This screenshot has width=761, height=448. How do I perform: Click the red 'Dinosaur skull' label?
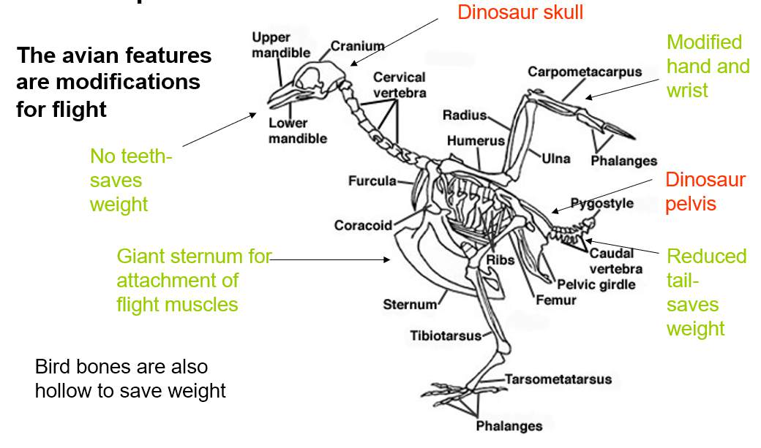520,12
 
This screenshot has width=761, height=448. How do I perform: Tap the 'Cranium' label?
357,46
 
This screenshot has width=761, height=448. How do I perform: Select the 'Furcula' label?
372,181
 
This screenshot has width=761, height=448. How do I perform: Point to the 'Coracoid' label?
363,225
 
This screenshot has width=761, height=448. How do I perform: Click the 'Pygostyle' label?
601,203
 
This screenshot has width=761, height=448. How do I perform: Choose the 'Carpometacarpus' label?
585,72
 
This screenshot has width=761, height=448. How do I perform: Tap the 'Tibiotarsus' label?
446,335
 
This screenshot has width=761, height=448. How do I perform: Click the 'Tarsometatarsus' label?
558,379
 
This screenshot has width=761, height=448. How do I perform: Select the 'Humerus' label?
476,140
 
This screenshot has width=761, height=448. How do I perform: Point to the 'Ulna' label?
556,158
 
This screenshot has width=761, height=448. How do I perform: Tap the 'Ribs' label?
501,259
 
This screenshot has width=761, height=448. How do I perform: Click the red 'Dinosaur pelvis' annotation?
705,191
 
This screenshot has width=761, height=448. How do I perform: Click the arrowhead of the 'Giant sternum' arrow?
389,259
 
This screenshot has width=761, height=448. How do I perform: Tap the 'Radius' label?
464,115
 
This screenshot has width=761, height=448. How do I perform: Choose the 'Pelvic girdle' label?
596,284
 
